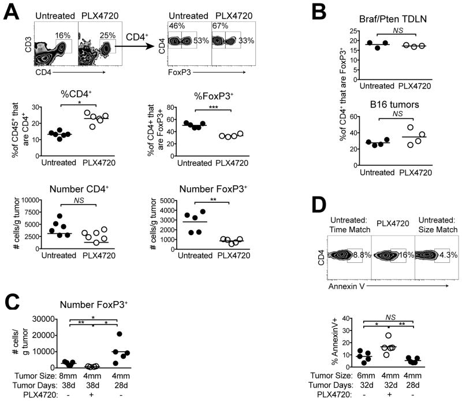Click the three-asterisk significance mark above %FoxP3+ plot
(213, 107)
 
